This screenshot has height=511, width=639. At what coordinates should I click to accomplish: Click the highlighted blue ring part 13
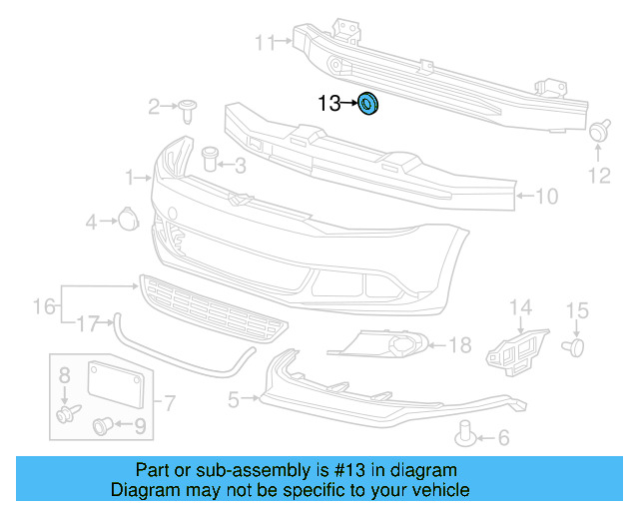367,103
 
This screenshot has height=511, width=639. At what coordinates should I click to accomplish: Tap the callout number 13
329,103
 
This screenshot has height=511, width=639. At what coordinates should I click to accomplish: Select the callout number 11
265,42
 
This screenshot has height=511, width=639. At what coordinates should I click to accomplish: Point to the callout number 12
598,177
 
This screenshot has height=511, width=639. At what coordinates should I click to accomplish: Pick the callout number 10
547,197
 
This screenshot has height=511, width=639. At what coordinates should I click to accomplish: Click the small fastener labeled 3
209,157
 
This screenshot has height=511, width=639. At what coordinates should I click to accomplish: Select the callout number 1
130,178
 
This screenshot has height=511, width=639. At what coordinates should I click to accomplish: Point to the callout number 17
88,322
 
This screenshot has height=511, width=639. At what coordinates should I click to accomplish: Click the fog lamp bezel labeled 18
391,346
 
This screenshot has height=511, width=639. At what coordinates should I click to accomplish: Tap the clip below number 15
575,346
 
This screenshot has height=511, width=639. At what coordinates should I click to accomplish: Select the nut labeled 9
103,426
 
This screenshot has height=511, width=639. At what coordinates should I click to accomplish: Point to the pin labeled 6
465,432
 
